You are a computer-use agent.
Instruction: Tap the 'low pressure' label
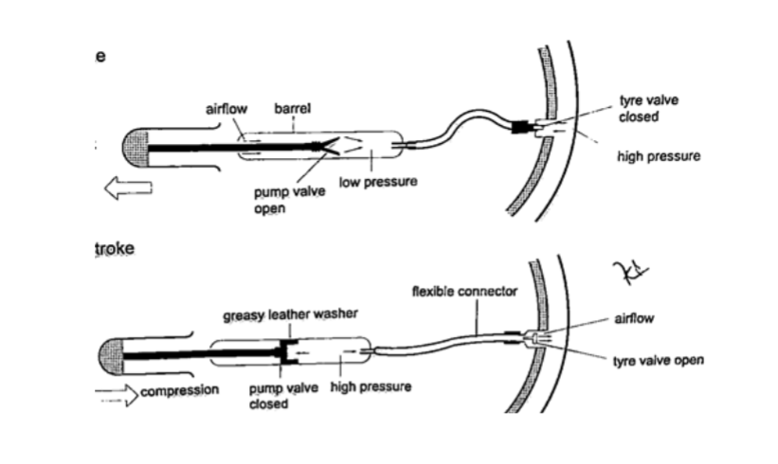pos(378,181)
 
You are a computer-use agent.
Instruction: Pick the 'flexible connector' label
pos(464,292)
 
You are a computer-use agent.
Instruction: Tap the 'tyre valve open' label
pos(660,361)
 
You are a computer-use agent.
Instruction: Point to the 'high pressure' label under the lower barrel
pos(370,388)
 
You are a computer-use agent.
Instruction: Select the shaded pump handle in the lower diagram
pos(111,355)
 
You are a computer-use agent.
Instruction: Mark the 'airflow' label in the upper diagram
pos(226,110)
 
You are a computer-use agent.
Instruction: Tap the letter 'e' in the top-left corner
pos(100,56)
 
